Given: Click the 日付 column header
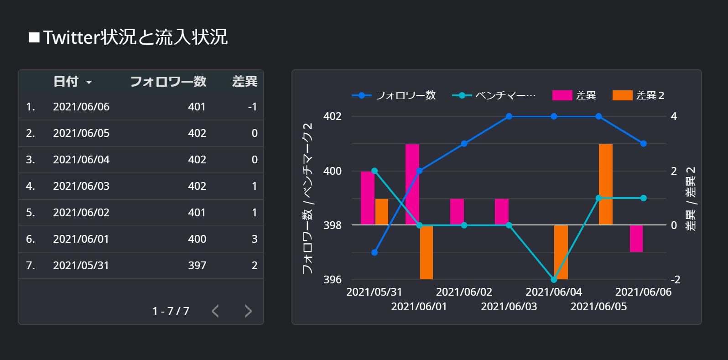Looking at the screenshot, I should (66, 82).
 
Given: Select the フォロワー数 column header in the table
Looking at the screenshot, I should (168, 82).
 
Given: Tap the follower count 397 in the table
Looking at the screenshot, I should (197, 266).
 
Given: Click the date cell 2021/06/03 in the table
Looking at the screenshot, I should (81, 186).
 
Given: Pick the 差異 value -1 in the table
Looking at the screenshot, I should (252, 107).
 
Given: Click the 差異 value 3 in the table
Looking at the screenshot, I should (255, 239).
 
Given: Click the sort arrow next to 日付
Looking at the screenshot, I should (89, 83).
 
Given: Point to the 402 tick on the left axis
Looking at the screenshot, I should (332, 116).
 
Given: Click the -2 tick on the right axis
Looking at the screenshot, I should (675, 280).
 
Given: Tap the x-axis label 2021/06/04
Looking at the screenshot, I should (554, 292).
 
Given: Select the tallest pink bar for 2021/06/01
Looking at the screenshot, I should (412, 184).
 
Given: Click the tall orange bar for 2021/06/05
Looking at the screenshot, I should (605, 184).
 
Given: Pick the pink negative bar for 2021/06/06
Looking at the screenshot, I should (636, 238).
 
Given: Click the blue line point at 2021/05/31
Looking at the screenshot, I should (374, 252).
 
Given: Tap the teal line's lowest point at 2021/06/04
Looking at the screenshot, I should (554, 279).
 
